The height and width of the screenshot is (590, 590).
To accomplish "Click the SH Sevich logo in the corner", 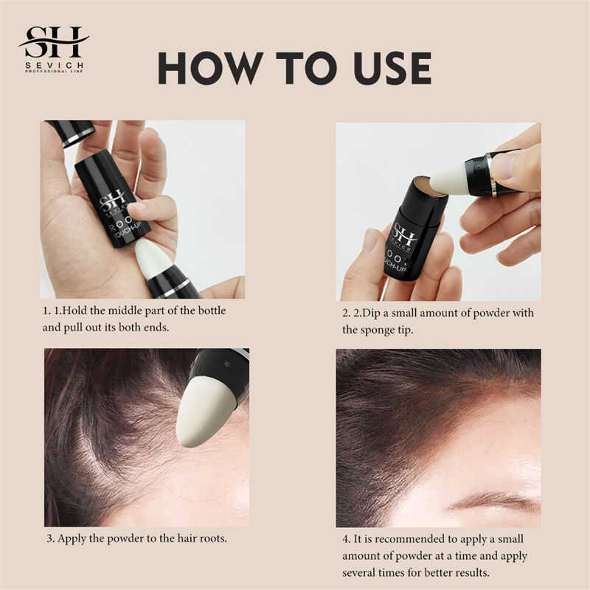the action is [x=54, y=49].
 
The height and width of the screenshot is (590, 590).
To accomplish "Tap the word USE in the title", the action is [x=392, y=69].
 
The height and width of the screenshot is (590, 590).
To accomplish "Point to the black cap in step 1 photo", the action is [x=72, y=133].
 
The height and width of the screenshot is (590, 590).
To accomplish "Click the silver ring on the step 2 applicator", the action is [x=490, y=174].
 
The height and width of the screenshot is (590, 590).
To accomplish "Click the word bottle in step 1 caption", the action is [x=212, y=310].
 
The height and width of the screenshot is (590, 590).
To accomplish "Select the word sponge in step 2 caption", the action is [x=378, y=330].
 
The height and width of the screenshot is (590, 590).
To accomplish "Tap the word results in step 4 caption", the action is [x=472, y=573].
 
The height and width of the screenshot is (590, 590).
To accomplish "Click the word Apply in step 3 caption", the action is [x=72, y=539].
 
